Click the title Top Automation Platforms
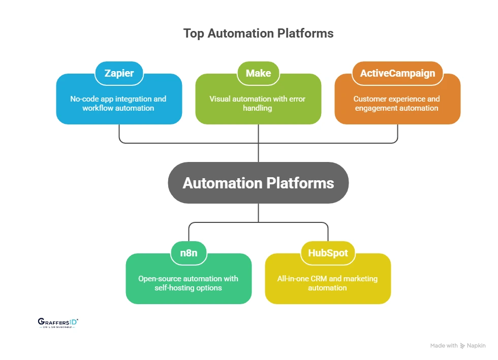[x=258, y=34]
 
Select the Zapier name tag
[x=119, y=73]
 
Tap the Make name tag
[x=258, y=73]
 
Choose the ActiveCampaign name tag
[x=397, y=73]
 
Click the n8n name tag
[x=189, y=253]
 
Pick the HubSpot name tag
[x=328, y=253]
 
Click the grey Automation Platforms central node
[x=258, y=183]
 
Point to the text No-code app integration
[x=118, y=99]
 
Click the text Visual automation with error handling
[x=258, y=103]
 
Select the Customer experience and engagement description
[x=397, y=103]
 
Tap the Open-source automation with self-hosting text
[x=188, y=283]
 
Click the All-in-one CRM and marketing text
[x=328, y=283]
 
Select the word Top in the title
[x=193, y=34]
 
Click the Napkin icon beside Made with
[x=462, y=346]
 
